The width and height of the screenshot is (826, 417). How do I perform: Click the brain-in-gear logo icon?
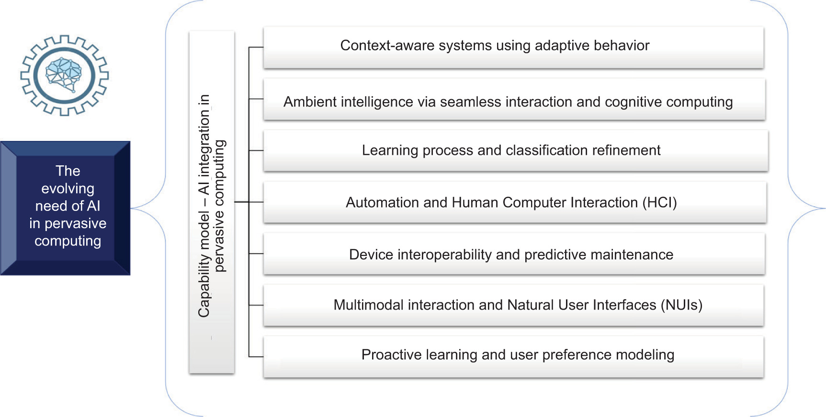pos(65,75)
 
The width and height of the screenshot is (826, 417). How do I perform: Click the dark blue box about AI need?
pos(65,208)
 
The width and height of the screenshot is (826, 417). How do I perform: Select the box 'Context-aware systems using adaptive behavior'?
pos(513,47)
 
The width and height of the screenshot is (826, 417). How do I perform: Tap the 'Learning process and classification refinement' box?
pos(516,151)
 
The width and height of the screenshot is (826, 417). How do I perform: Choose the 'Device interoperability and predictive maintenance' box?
pos(514,254)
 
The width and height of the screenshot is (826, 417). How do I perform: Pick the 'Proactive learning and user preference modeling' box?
pos(513,357)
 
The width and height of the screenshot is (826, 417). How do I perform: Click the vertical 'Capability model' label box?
pos(212,202)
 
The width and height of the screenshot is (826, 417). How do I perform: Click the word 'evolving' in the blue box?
pos(68,189)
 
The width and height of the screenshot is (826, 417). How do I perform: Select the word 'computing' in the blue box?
pos(68,241)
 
